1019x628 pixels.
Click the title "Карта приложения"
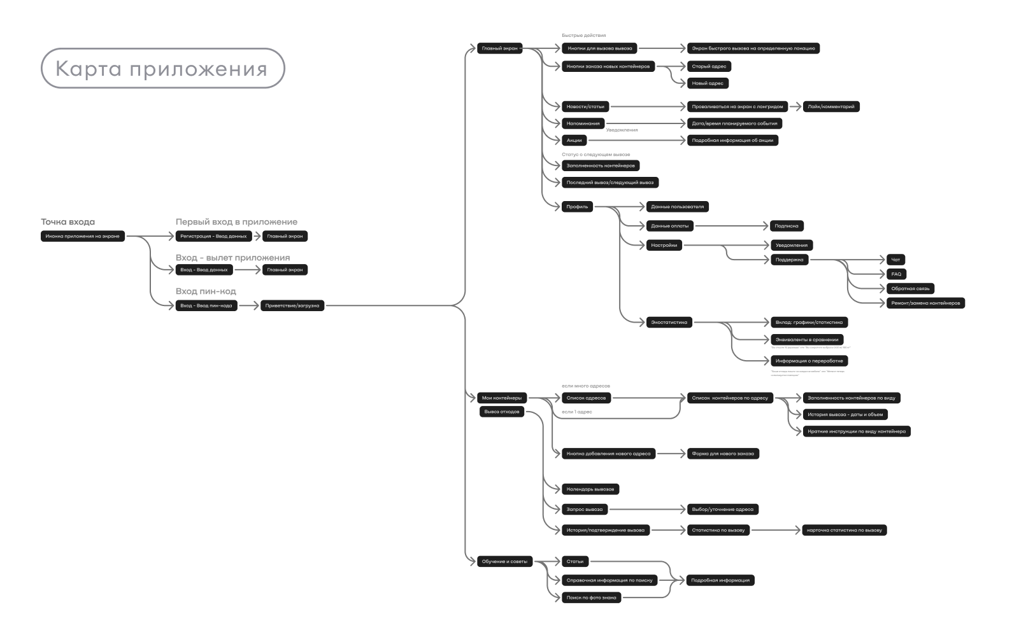point(162,68)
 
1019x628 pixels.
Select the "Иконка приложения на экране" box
point(82,236)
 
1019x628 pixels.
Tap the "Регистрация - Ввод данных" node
point(213,236)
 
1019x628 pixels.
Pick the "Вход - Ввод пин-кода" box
point(206,305)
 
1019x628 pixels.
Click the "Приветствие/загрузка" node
point(292,305)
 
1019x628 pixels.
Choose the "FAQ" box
point(896,274)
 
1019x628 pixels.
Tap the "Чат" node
point(895,260)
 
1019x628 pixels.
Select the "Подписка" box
point(786,226)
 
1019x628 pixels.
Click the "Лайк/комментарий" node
point(831,107)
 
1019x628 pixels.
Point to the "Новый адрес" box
point(708,83)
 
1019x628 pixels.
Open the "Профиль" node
point(577,207)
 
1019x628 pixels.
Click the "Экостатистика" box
point(669,323)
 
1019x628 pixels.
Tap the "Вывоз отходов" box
point(502,412)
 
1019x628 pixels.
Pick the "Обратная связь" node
point(910,289)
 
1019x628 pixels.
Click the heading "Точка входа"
point(68,222)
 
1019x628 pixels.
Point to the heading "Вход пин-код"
point(206,291)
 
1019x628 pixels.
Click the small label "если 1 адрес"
point(576,412)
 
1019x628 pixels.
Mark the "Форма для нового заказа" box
point(723,454)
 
